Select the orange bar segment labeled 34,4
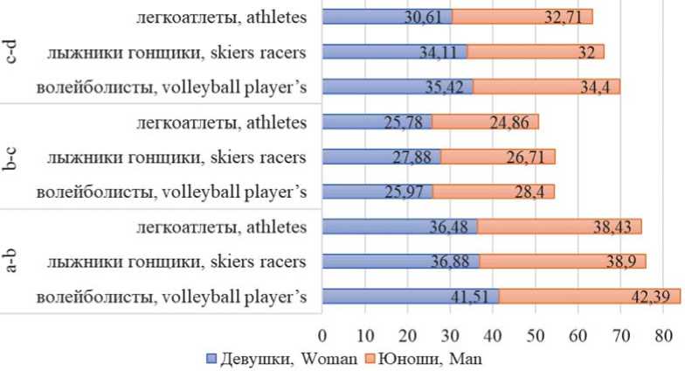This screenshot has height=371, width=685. (546, 87)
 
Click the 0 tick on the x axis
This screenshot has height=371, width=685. (322, 335)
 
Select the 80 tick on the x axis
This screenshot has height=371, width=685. (663, 335)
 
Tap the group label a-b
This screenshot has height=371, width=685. (12, 262)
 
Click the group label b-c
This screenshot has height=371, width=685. (12, 157)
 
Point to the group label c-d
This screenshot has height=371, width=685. (12, 52)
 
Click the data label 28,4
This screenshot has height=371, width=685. (518, 192)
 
